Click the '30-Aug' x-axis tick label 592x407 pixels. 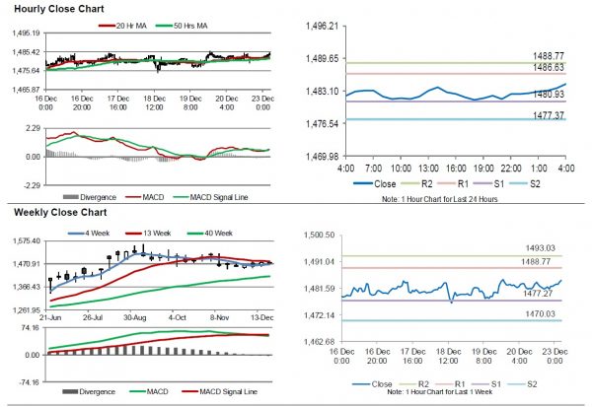(x=135, y=318)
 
